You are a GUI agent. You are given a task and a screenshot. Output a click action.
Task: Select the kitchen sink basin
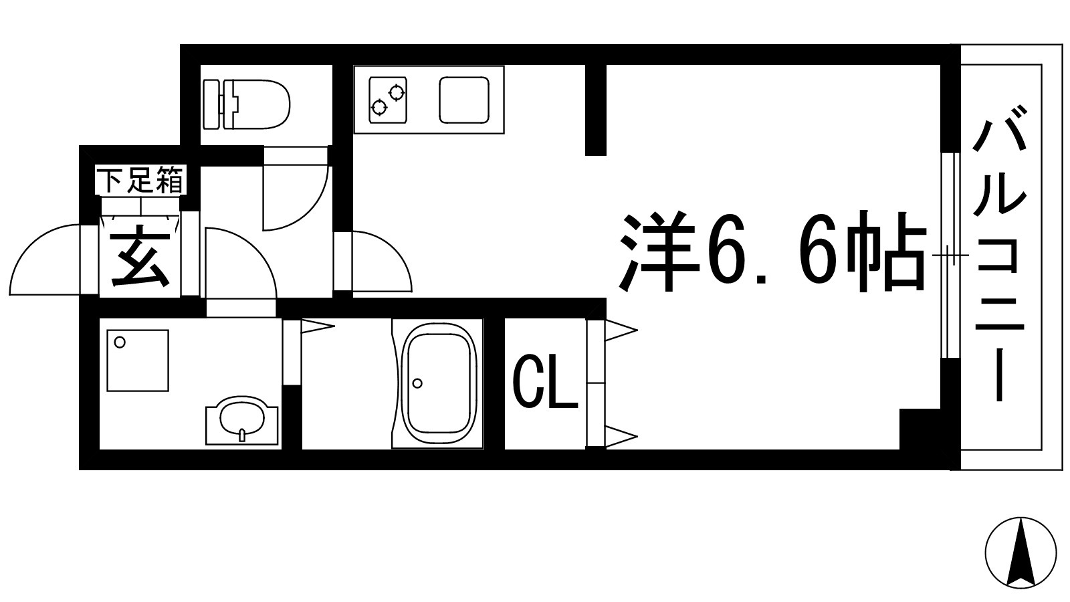click(464, 100)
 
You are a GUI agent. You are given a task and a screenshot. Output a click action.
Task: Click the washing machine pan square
click(137, 360)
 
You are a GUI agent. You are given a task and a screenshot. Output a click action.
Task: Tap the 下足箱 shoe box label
click(140, 180)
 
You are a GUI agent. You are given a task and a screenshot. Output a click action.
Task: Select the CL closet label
click(544, 384)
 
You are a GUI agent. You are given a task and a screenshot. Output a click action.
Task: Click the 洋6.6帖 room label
click(772, 252)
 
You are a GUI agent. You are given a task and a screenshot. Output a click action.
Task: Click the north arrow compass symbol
click(1021, 553)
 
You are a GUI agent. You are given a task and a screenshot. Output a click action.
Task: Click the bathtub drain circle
click(418, 383)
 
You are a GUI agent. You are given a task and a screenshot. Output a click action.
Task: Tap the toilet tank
click(212, 104)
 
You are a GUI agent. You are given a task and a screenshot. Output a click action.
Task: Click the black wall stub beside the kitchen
click(595, 110)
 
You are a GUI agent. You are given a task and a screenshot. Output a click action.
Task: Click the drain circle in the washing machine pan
click(120, 342)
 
